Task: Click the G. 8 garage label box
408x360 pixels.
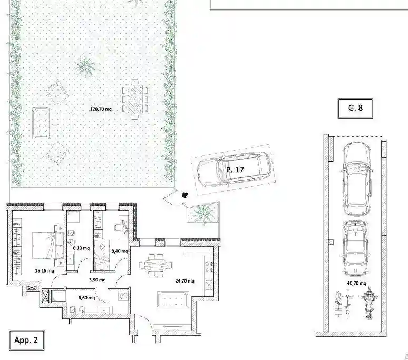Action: click(x=355, y=108)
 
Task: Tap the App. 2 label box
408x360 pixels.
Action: click(x=26, y=340)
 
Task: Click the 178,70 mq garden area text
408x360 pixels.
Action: click(x=101, y=109)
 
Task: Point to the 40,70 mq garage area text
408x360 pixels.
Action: click(x=355, y=283)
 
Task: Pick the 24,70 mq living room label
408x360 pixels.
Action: click(x=184, y=281)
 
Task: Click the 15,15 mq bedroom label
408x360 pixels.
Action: click(x=44, y=270)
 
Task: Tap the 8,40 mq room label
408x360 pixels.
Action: click(x=120, y=251)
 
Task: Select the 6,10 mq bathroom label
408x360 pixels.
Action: click(x=81, y=248)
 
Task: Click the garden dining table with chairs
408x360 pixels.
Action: click(x=136, y=99)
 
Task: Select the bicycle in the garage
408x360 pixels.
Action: click(x=340, y=304)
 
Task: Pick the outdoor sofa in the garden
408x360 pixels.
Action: click(x=41, y=122)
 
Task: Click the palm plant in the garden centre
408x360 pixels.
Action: click(x=85, y=67)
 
